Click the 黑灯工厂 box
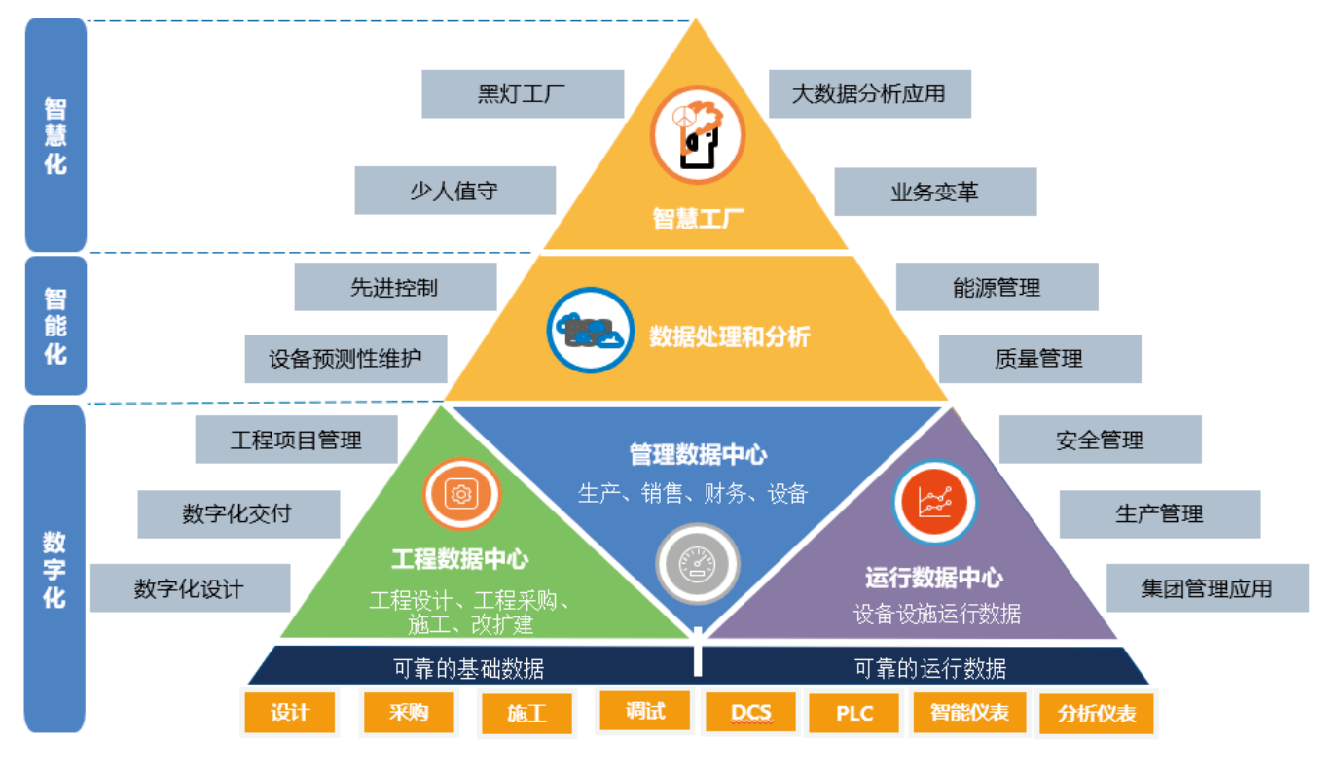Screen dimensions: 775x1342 pyautogui.click(x=522, y=94)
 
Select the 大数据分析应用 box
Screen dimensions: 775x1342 pyautogui.click(x=869, y=94)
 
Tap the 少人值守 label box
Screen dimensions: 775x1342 pyautogui.click(x=454, y=191)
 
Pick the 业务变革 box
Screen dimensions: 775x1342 pyautogui.click(x=934, y=192)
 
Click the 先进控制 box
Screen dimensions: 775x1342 pyautogui.click(x=395, y=287)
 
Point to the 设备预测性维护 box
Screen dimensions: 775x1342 pyautogui.click(x=345, y=359)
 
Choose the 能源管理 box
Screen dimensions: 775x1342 pyautogui.click(x=997, y=287)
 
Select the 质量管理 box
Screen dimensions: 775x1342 pyautogui.click(x=1039, y=359)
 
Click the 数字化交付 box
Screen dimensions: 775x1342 pyautogui.click(x=237, y=513)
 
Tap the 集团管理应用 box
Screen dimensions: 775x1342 pyautogui.click(x=1207, y=588)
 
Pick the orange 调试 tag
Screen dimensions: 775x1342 pyautogui.click(x=644, y=711)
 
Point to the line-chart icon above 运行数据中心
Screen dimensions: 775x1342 pyautogui.click(x=934, y=502)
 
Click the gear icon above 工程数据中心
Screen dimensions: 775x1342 pyautogui.click(x=460, y=494)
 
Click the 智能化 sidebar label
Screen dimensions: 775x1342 pyautogui.click(x=55, y=325)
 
